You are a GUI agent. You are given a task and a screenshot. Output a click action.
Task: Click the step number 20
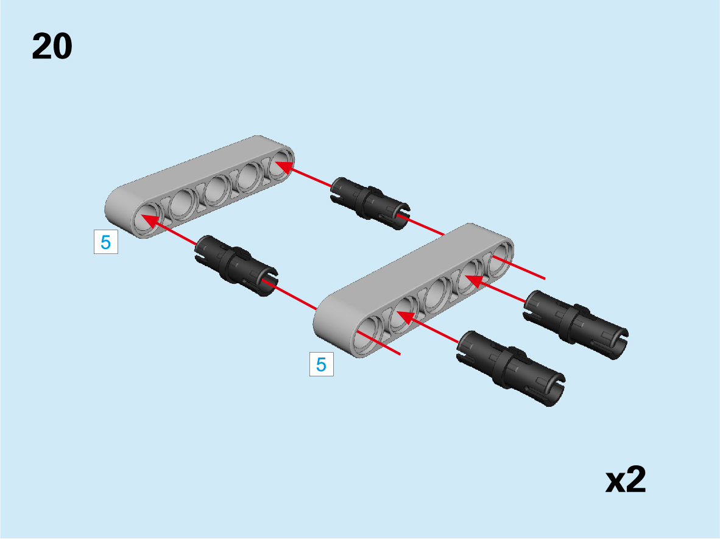tap(52, 46)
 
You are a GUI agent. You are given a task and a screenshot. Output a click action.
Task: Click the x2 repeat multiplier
tap(626, 480)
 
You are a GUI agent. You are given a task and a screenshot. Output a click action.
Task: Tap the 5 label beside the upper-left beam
tap(105, 242)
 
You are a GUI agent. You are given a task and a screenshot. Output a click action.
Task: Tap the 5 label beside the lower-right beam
tap(322, 364)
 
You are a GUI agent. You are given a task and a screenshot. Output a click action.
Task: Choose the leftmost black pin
tap(236, 266)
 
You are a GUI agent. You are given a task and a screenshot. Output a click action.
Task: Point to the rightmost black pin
tap(576, 324)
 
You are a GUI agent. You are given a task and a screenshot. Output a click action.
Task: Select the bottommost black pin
tap(510, 368)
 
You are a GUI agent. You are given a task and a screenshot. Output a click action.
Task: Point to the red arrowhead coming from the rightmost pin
tap(475, 281)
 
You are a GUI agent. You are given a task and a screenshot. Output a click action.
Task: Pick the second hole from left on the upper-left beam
tap(184, 205)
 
